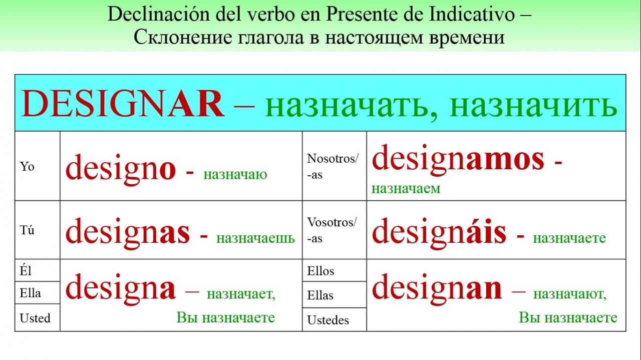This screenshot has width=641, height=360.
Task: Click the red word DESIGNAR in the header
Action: [123, 104]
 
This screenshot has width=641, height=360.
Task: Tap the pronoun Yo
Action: [27, 167]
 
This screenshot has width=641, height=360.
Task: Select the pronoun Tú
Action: [27, 230]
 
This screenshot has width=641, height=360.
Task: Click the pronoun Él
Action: [26, 270]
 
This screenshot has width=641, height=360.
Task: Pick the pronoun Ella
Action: [31, 293]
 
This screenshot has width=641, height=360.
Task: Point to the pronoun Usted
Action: [35, 318]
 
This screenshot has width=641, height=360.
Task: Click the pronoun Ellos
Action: [320, 271]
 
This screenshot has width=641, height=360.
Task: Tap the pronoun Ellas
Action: [320, 295]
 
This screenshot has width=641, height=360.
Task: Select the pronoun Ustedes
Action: [328, 320]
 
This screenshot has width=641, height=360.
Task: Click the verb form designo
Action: [121, 169]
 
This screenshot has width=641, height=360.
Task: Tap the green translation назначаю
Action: [235, 174]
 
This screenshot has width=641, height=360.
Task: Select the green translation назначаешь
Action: [255, 238]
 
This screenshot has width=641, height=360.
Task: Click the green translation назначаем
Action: [406, 189]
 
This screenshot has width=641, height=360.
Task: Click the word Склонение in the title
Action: [183, 37]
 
